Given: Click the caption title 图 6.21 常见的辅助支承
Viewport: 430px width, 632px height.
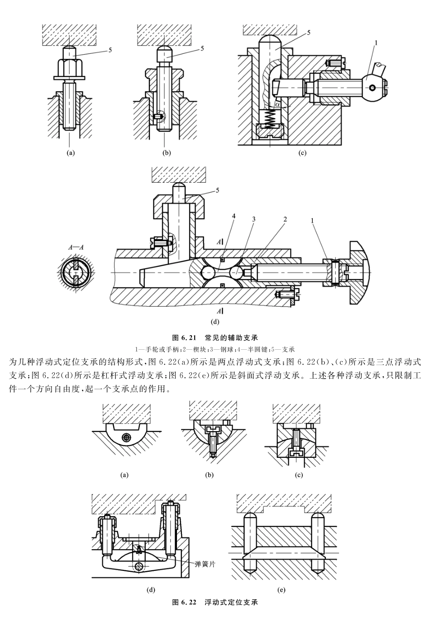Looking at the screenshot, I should tap(215, 338).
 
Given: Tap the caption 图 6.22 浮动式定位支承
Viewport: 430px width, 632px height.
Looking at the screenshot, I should tap(215, 603).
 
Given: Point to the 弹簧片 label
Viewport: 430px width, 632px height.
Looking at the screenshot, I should tap(205, 564).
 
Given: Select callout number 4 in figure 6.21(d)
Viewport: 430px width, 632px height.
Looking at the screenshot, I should tap(234, 217).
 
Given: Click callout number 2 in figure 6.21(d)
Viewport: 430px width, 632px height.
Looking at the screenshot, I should tap(285, 219).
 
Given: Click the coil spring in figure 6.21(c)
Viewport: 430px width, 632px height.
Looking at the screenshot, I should tap(270, 119).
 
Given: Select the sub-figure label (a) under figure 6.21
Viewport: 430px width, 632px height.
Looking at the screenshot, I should tap(70, 153).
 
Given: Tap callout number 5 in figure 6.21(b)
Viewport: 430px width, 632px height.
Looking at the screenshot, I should tap(202, 48).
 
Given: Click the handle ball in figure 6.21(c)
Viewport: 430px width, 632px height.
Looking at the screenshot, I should tap(373, 87).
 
